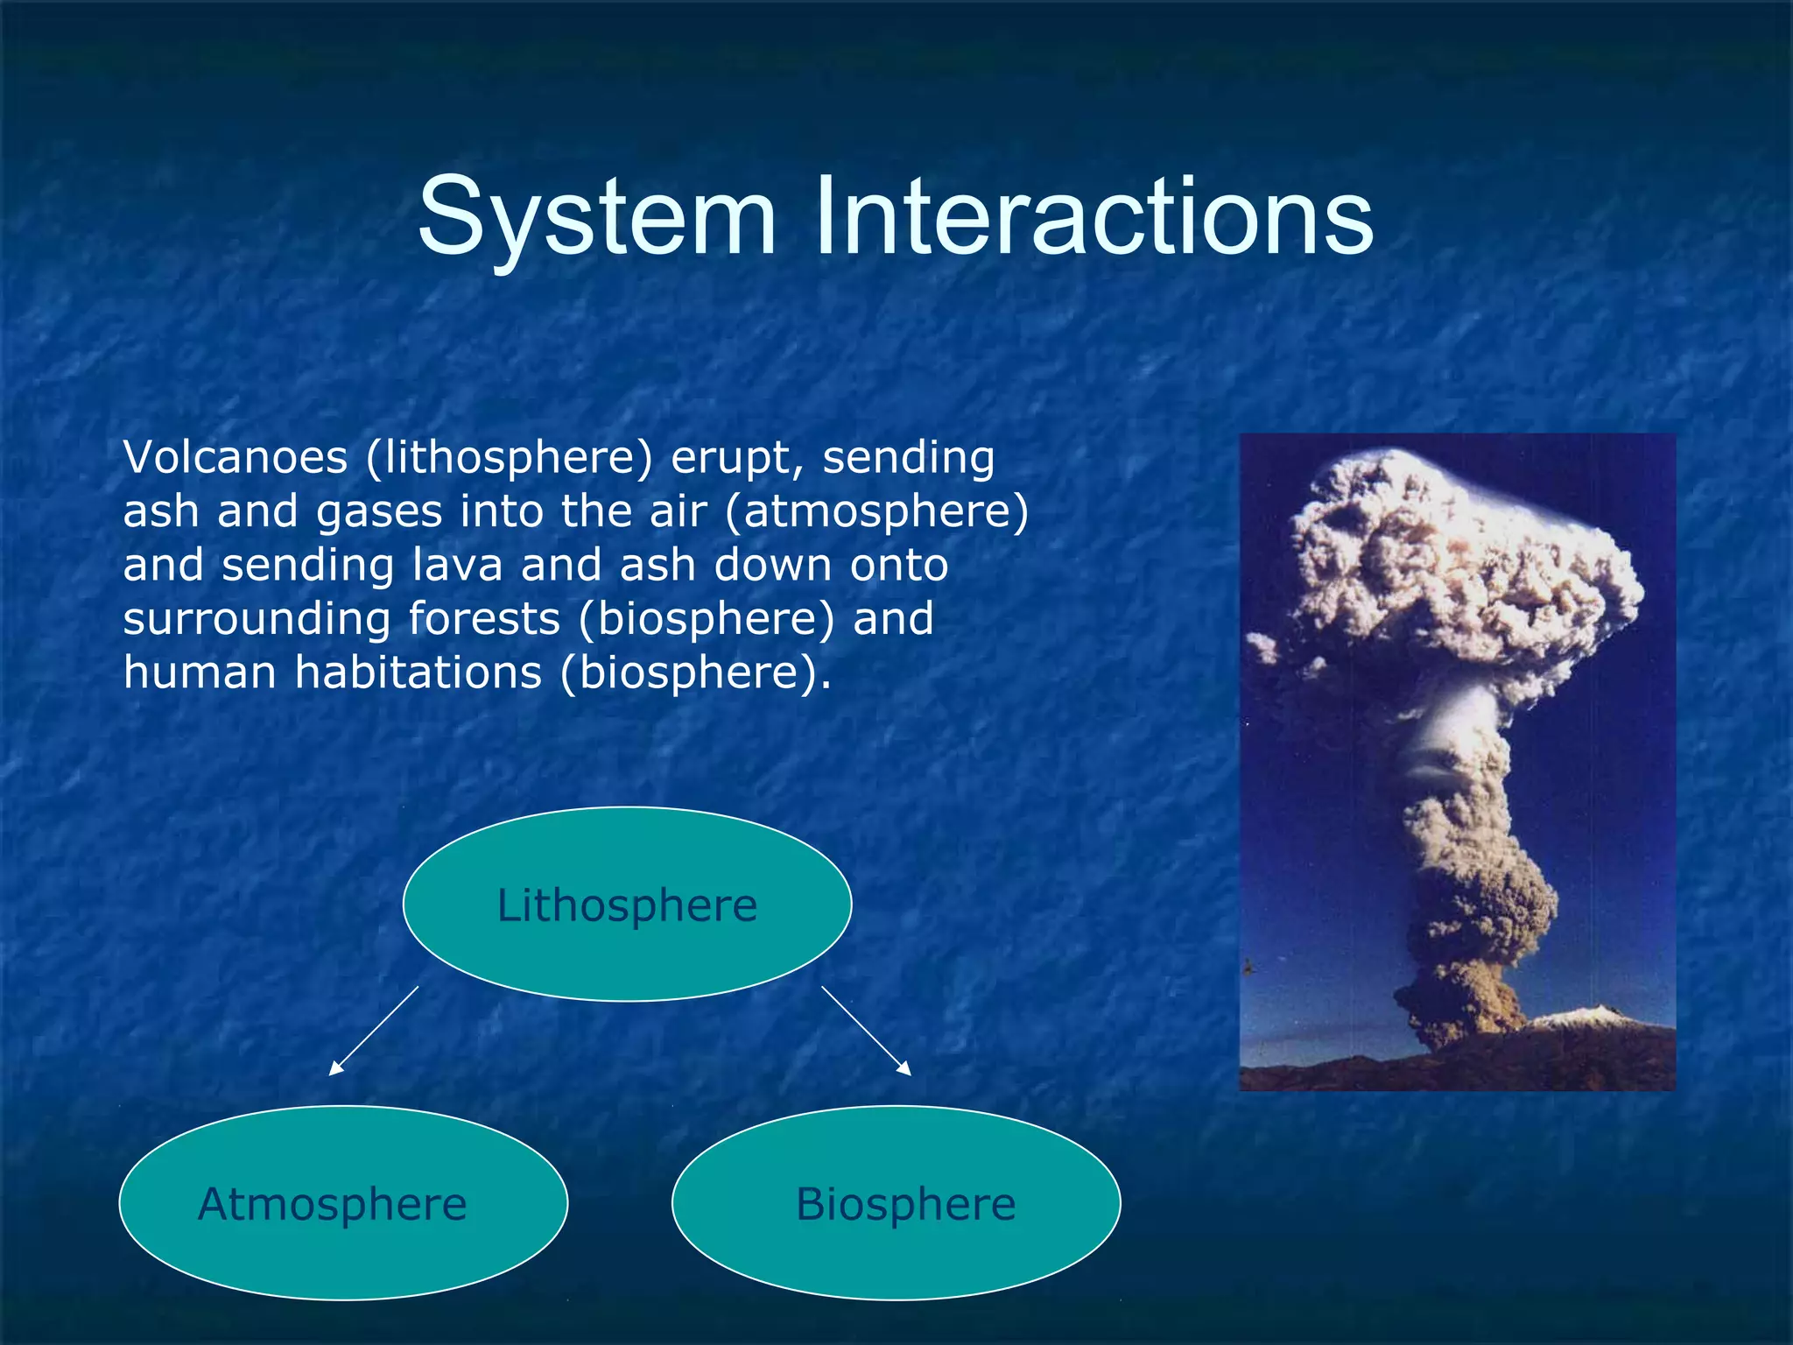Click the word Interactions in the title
coord(1094,216)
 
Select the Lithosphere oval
coord(627,905)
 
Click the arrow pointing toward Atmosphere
coord(374,1031)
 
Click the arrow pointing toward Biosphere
coord(866,1031)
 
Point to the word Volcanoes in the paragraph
coord(235,458)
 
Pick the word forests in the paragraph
coord(484,619)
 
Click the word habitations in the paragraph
coord(418,673)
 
